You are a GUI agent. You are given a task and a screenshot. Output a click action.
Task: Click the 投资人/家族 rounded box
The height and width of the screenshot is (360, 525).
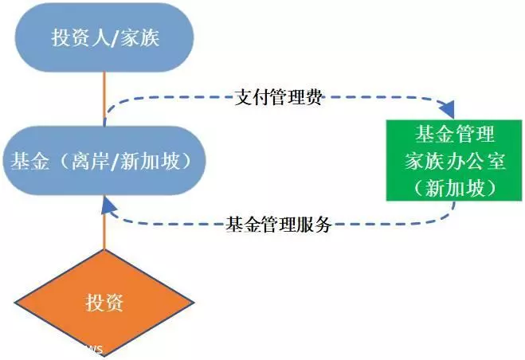(104, 37)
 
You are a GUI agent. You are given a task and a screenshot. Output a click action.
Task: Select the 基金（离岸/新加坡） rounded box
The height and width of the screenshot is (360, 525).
(104, 161)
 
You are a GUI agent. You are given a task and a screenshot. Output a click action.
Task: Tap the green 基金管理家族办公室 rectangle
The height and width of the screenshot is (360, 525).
(454, 160)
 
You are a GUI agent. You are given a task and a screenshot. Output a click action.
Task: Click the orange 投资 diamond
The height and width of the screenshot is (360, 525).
(104, 303)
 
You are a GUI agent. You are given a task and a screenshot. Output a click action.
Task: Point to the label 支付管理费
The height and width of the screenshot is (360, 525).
(278, 98)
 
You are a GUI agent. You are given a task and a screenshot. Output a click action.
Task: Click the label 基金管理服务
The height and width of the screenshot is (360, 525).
(279, 224)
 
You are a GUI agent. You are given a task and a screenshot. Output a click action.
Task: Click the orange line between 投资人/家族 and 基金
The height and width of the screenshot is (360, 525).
(104, 99)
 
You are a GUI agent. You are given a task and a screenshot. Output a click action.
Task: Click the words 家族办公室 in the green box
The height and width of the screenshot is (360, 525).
(455, 162)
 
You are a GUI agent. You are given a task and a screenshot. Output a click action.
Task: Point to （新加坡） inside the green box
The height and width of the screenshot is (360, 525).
(454, 188)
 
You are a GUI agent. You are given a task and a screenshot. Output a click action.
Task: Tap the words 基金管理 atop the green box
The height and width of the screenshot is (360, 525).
(455, 134)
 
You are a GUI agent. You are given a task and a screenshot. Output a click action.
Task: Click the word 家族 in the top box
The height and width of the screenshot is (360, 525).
(139, 37)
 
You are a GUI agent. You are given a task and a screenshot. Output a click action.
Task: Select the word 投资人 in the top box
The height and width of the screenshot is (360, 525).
(80, 37)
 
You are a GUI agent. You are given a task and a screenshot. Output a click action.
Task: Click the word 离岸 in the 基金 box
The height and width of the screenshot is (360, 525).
(91, 161)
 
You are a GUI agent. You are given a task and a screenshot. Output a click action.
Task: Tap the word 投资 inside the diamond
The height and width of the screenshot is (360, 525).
(104, 303)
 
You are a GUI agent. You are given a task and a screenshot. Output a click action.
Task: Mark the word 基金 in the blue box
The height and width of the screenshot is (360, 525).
(30, 161)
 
